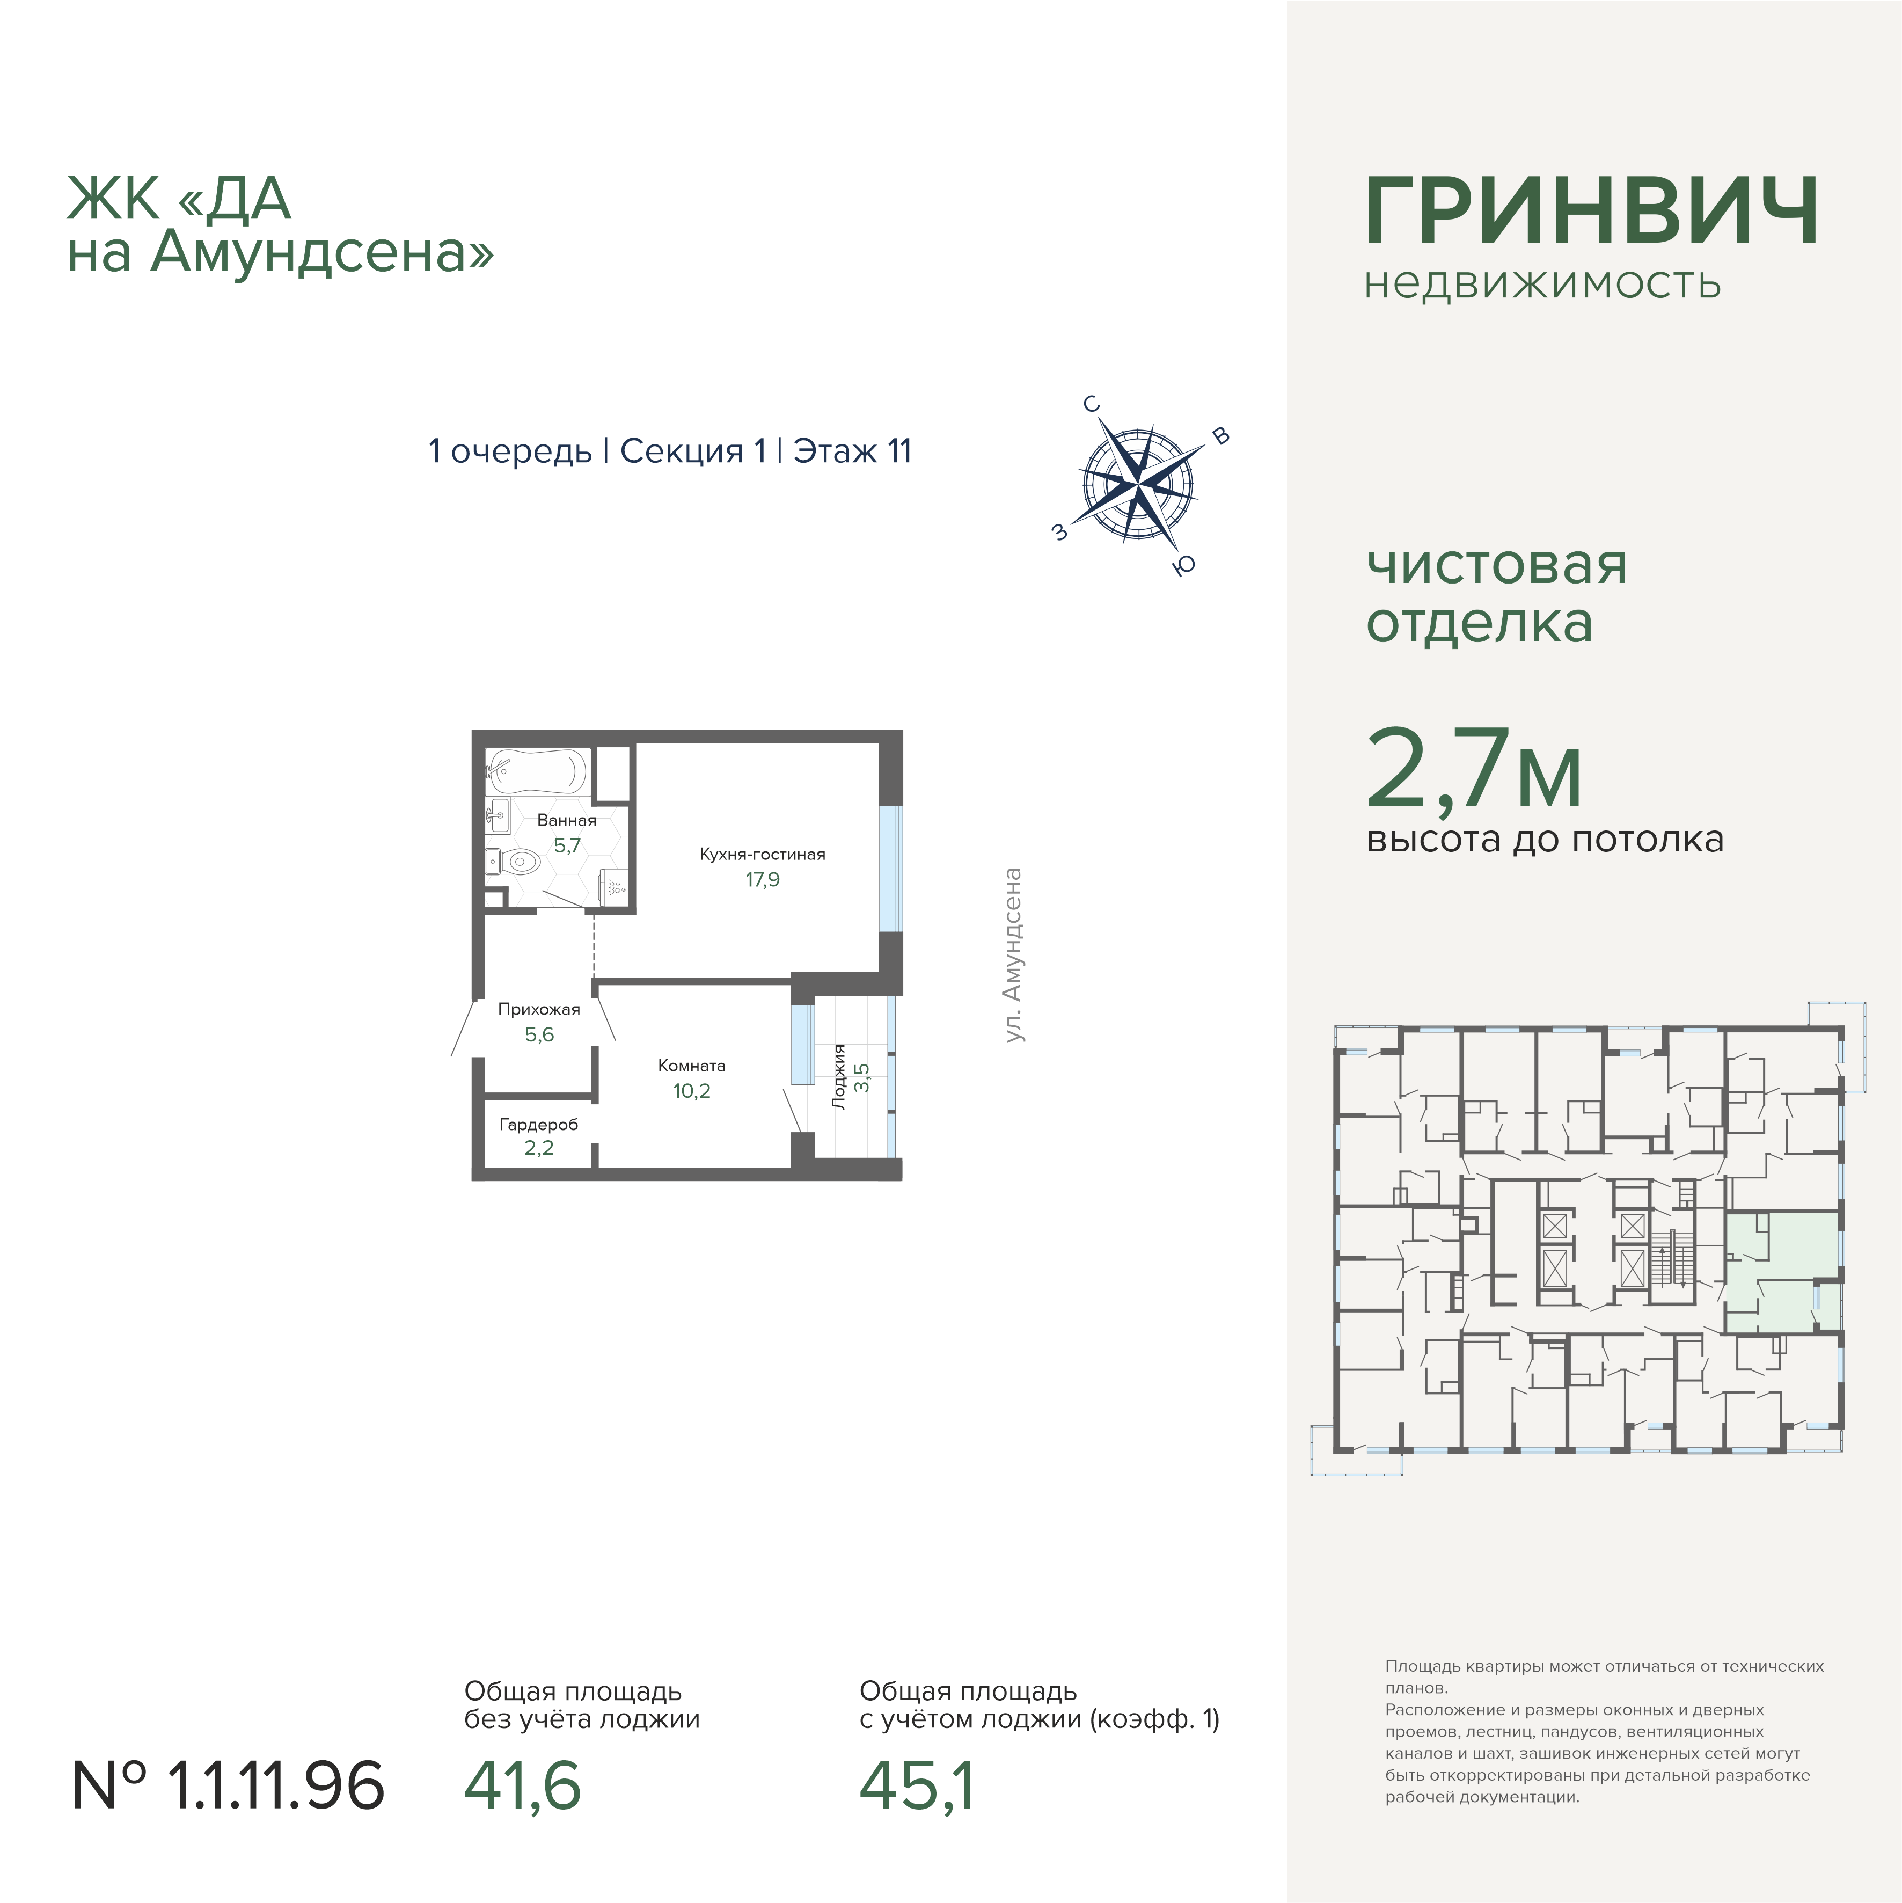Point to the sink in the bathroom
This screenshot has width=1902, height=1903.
point(498,814)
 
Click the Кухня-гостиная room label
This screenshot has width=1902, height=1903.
point(763,854)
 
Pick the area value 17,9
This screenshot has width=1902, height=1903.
point(763,880)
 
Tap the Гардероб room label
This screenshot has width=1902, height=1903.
point(539,1125)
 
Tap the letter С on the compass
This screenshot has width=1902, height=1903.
point(1092,404)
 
